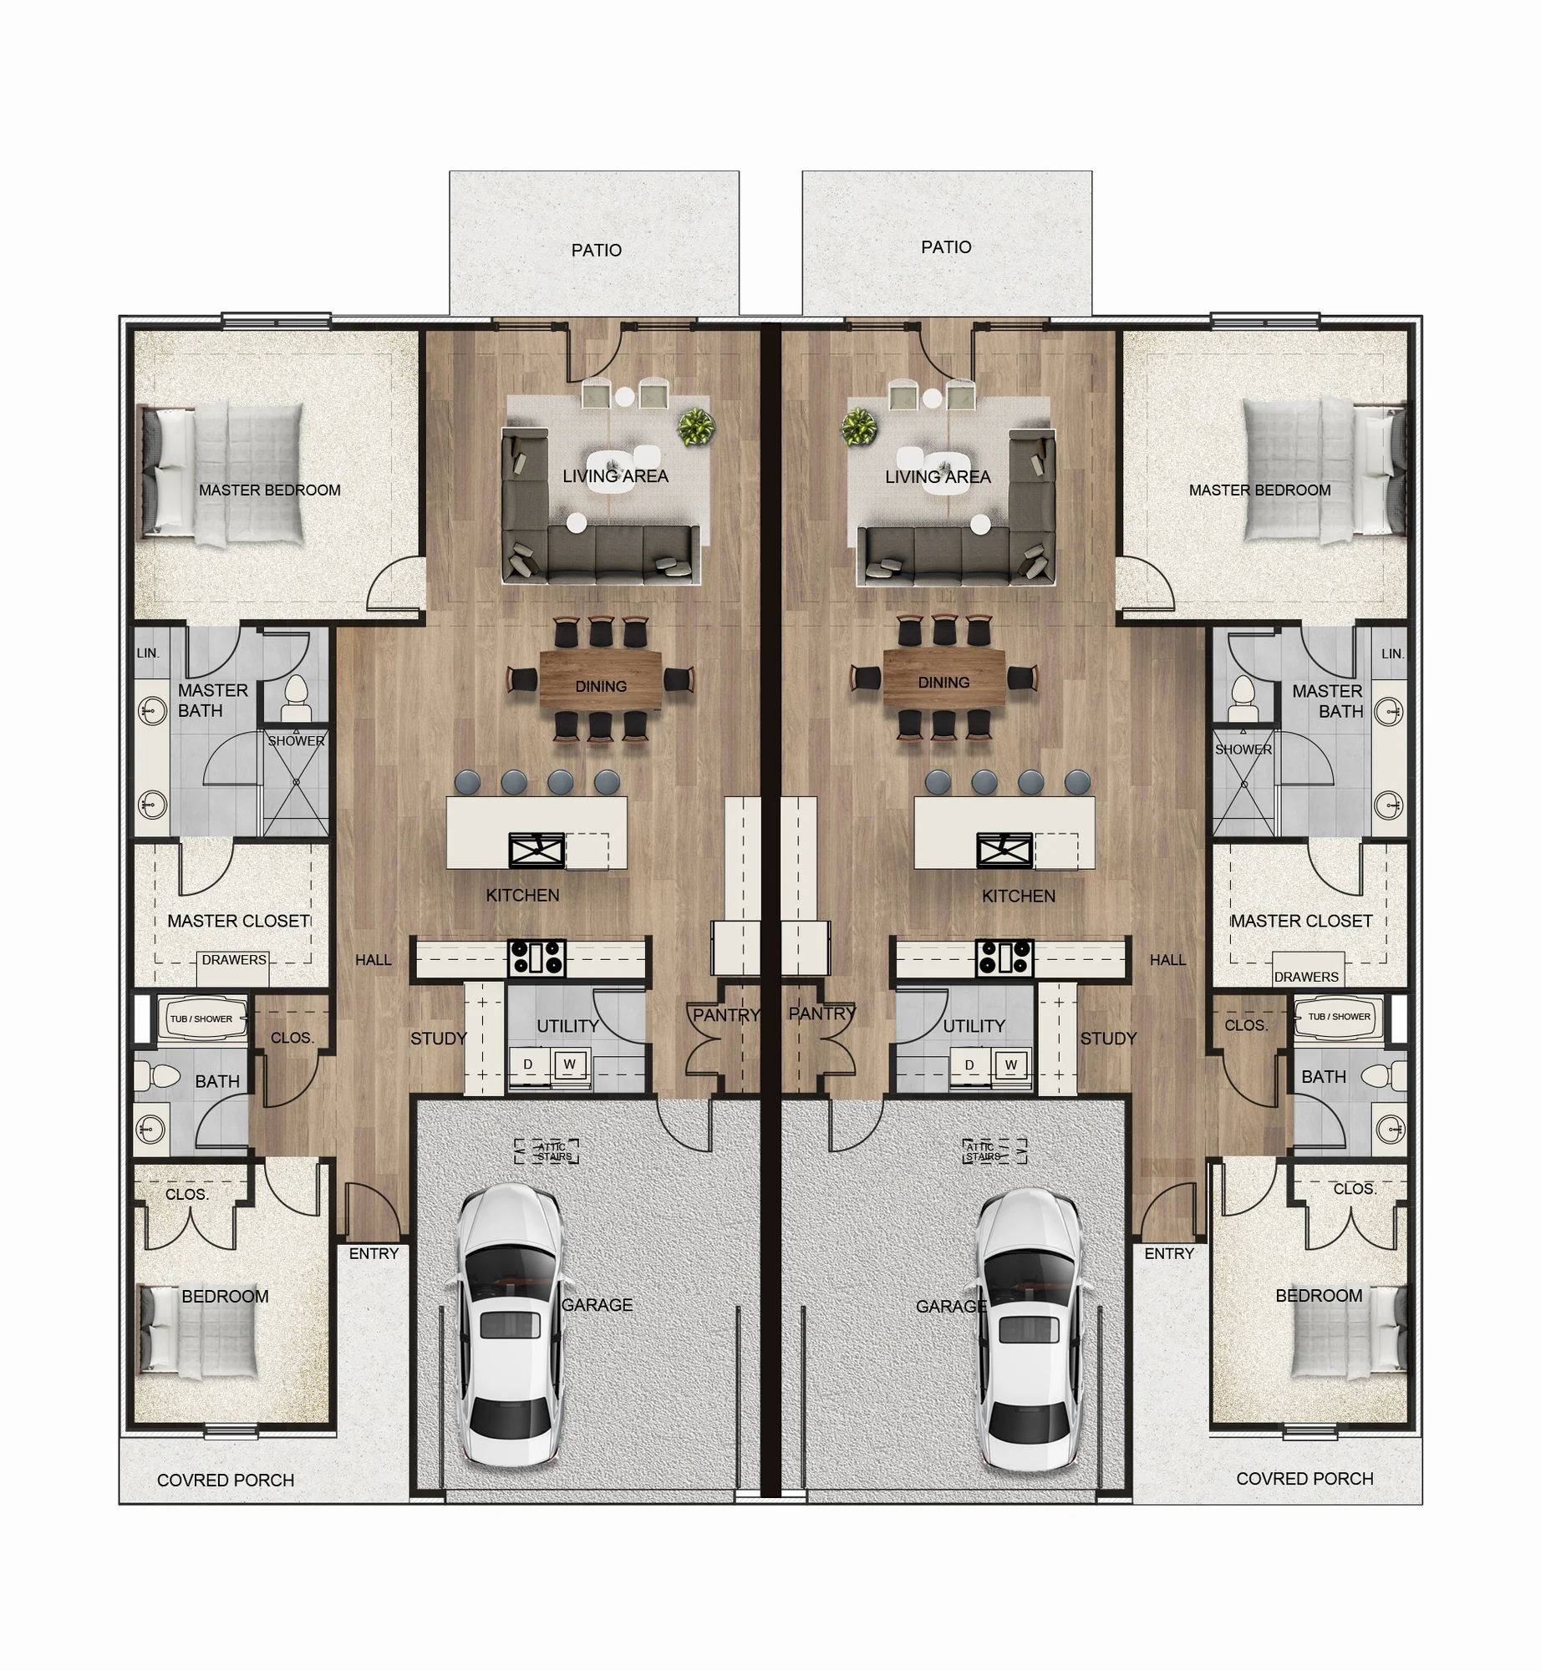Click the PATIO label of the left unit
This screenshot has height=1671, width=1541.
click(596, 250)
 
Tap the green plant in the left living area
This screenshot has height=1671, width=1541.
click(695, 427)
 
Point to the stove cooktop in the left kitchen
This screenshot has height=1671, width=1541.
click(537, 957)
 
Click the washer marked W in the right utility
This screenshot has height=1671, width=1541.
click(1011, 1064)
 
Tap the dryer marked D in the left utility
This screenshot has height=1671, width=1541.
click(528, 1064)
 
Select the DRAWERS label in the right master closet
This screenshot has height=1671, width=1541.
click(1306, 977)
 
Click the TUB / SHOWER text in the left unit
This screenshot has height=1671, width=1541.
click(201, 1018)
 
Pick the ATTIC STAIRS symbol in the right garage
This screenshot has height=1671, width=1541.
click(994, 1151)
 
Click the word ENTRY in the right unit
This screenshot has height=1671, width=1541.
click(1169, 1253)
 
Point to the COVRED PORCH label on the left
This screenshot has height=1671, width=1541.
click(226, 1480)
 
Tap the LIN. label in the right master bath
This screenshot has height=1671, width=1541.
click(1392, 653)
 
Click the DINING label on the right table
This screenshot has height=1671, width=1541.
click(943, 683)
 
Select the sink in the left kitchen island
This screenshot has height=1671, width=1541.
click(537, 851)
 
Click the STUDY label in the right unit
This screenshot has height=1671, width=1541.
click(1108, 1039)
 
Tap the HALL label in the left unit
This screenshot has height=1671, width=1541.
click(373, 960)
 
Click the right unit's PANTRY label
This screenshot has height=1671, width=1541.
click(822, 1013)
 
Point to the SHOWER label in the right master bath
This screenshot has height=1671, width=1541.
click(1243, 749)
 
